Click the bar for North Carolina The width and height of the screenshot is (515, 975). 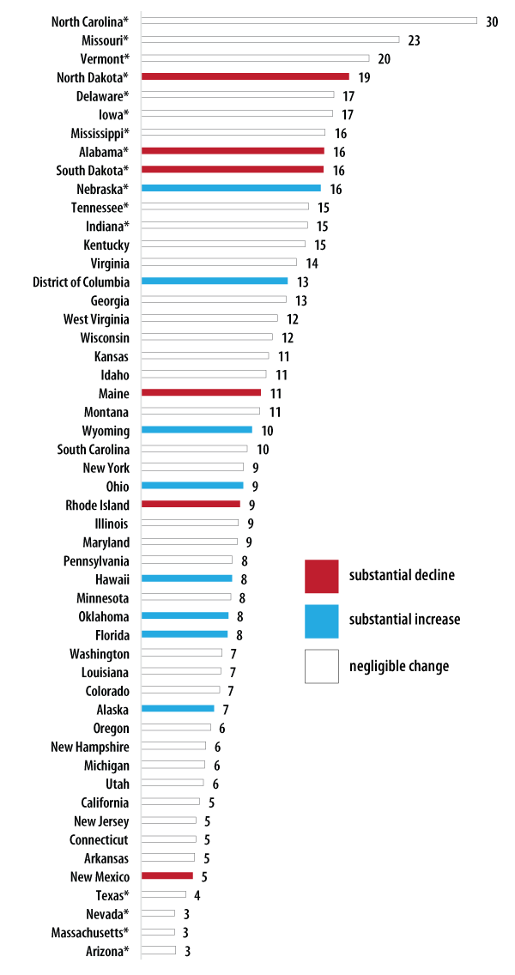click(x=308, y=21)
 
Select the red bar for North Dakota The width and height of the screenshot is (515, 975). click(x=245, y=76)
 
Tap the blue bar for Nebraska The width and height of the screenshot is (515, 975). click(x=230, y=188)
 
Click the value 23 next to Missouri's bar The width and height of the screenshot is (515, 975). click(x=415, y=39)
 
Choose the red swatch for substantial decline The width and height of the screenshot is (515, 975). click(x=322, y=576)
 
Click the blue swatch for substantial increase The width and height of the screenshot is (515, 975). click(x=322, y=621)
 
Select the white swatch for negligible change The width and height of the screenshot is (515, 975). click(x=322, y=666)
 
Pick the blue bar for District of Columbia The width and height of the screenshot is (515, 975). click(x=214, y=281)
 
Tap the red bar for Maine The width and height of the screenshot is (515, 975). click(x=201, y=392)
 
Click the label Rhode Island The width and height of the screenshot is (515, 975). click(x=98, y=505)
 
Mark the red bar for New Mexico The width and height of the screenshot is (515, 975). click(x=167, y=875)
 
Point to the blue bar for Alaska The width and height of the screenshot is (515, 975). click(x=177, y=708)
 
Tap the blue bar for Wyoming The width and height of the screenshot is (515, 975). click(x=197, y=430)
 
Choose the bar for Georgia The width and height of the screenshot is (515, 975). click(x=213, y=300)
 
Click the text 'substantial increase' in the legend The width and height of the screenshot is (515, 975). click(x=404, y=620)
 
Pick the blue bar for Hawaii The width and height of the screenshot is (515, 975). click(x=186, y=578)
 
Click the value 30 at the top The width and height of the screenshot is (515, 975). click(x=492, y=21)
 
